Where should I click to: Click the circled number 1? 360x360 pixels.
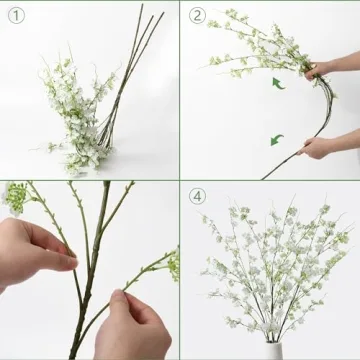pos(16,15)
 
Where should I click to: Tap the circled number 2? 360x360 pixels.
pos(197,15)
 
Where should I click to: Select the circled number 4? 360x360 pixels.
pos(197,196)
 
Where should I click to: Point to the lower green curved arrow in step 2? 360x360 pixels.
pos(276,139)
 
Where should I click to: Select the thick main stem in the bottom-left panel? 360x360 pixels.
pos(94,270)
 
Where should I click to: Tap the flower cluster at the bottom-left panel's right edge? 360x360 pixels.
pos(171,264)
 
